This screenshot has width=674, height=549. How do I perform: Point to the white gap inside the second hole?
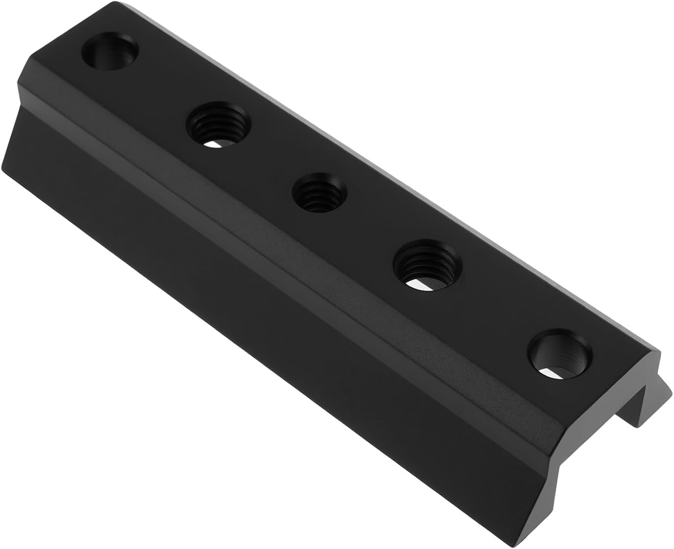[218, 144]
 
